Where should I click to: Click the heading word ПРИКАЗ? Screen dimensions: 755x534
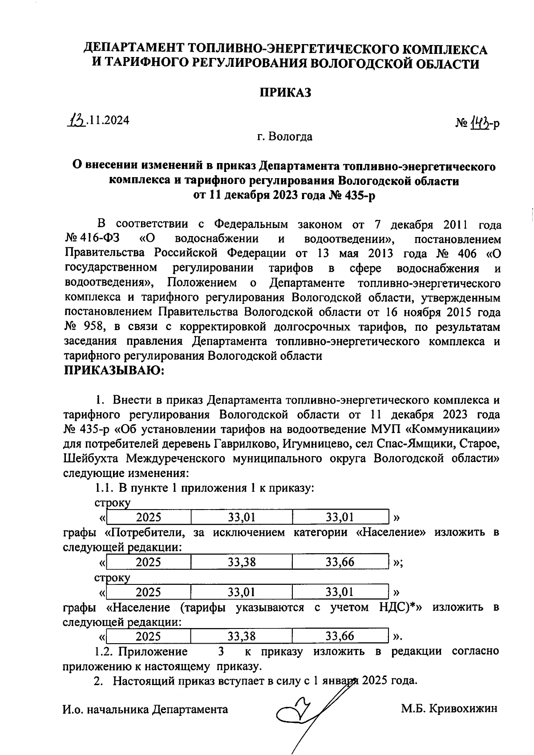pos(285,93)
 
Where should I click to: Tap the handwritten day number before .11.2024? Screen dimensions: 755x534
pos(77,120)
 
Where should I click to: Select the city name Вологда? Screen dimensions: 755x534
pos(291,136)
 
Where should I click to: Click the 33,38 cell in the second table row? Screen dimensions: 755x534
pos(242,562)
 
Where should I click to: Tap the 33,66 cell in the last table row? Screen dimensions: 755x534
pos(340,637)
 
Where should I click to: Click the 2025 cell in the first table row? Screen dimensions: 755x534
pos(148,517)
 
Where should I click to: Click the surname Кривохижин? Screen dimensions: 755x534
pos(463,709)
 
